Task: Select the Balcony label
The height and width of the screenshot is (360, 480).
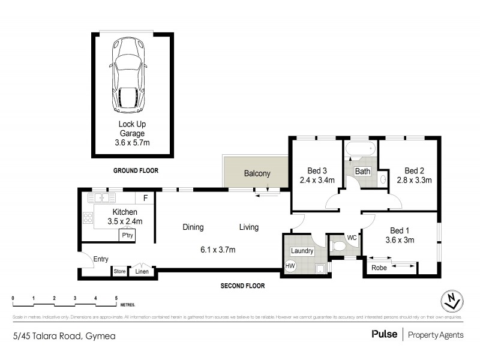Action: pos(257,174)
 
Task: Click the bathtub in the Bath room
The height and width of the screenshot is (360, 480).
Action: pos(359,149)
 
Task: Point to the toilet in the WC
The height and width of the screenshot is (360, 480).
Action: pos(338,245)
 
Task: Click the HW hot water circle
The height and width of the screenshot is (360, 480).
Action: pos(290,266)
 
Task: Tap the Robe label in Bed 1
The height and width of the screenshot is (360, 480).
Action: pos(379,268)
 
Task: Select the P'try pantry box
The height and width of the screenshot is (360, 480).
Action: pos(127,236)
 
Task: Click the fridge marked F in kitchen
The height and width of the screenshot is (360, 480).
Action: pos(145,197)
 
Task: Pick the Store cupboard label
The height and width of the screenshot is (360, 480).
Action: pos(120,272)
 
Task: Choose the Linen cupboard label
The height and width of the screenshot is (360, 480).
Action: pos(142,272)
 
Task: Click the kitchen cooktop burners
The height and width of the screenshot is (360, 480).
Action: pos(87,218)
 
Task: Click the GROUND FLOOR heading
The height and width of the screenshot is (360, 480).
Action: pos(136,170)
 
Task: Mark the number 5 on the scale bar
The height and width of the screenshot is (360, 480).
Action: pos(116,298)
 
